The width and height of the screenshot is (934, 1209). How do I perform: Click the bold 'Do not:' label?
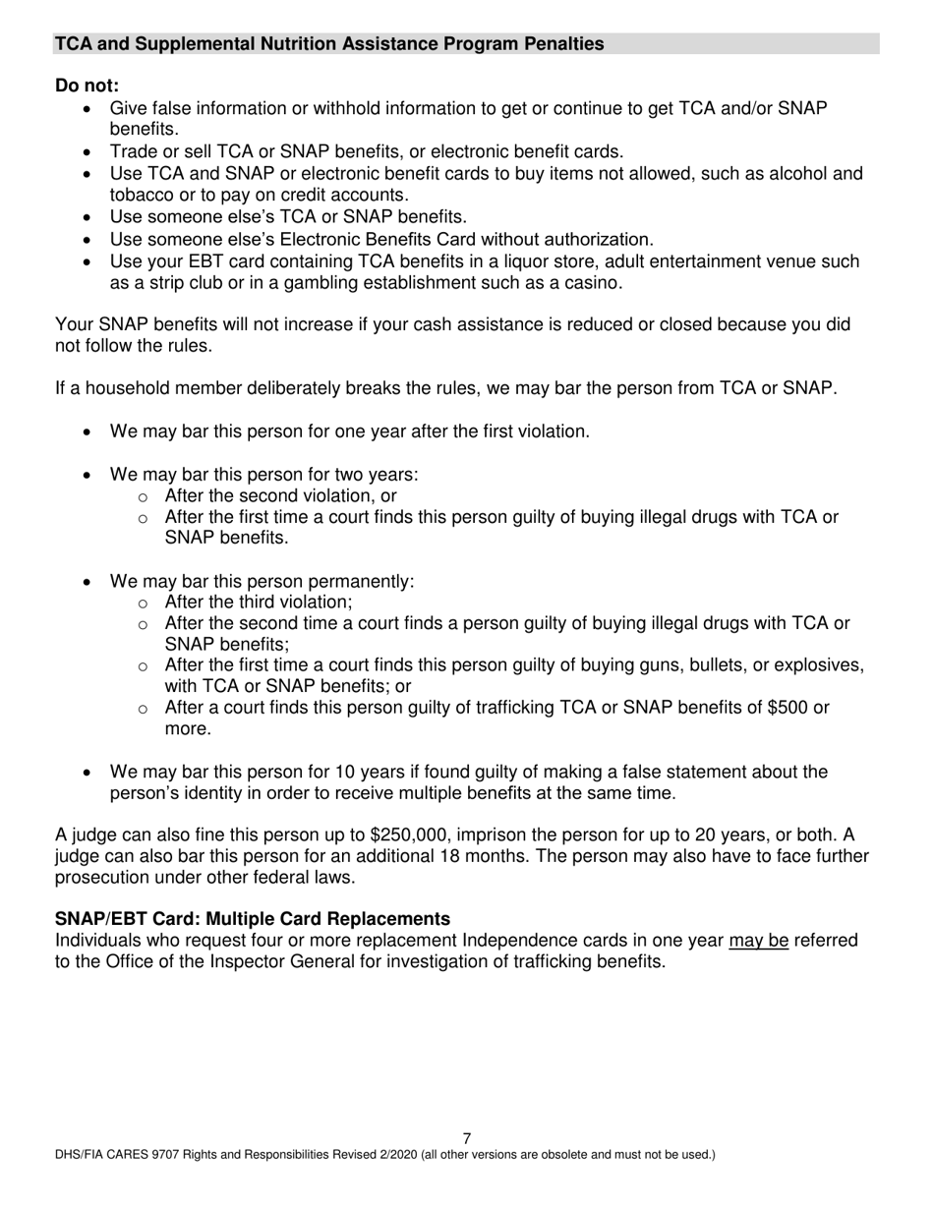[x=87, y=86]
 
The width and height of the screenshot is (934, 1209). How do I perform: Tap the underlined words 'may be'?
[x=758, y=941]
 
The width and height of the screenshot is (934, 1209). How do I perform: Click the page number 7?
[x=467, y=1138]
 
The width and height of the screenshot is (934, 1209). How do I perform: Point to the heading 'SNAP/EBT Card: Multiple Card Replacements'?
[x=253, y=919]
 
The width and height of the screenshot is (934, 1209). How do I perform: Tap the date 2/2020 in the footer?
[x=394, y=1155]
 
